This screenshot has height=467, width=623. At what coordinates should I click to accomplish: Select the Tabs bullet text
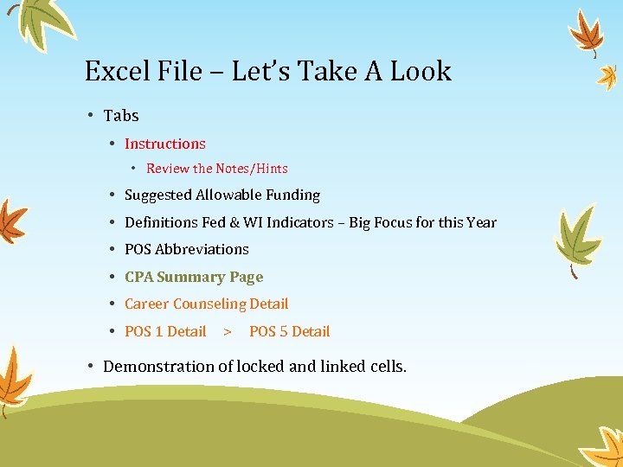point(121,116)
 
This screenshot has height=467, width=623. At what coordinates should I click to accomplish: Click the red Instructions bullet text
point(165,144)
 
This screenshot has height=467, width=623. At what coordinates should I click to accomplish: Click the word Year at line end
point(481,222)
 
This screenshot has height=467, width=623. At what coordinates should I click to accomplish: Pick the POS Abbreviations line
point(187,249)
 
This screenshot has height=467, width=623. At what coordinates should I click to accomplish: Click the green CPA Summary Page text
point(194,277)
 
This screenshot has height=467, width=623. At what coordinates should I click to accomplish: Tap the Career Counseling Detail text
point(207,304)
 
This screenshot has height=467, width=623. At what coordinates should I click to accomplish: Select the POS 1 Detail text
point(165,331)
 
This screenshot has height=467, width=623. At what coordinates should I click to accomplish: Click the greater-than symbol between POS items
point(228,331)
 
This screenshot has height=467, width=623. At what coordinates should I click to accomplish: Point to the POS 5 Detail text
point(289,331)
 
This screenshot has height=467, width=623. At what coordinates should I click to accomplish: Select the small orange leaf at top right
point(607,77)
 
